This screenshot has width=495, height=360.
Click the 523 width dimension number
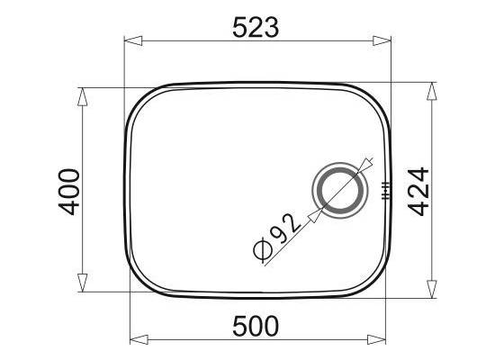pyautogui.click(x=256, y=28)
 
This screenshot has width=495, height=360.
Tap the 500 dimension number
pyautogui.click(x=256, y=326)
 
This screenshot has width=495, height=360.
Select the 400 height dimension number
pyautogui.click(x=68, y=192)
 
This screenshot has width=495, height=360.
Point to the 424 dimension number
pyautogui.click(x=418, y=192)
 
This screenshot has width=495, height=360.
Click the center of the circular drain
pyautogui.click(x=340, y=191)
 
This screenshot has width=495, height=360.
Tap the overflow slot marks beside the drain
pyautogui.click(x=386, y=191)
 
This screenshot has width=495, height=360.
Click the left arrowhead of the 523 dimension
pyautogui.click(x=133, y=41)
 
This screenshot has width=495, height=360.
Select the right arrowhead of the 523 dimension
pyautogui.click(x=382, y=41)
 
